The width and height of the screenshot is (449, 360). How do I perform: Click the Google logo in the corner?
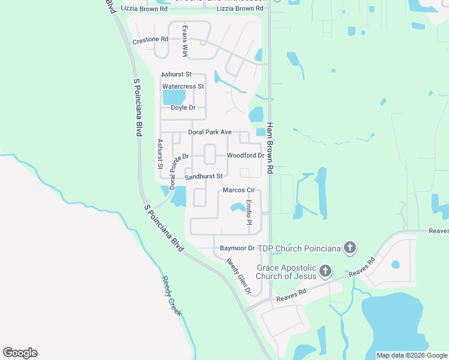(x=20, y=353)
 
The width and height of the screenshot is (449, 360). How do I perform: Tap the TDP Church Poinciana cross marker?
(x=351, y=248)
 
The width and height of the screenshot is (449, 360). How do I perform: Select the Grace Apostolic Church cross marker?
(x=325, y=272)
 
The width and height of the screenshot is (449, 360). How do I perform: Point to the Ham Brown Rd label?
(x=270, y=148)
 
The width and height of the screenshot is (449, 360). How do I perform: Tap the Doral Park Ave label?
(x=209, y=132)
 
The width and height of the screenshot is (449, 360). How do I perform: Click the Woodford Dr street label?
(x=246, y=155)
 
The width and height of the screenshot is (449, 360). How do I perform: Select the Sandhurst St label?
(x=203, y=176)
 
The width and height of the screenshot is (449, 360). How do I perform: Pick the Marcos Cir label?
(x=239, y=190)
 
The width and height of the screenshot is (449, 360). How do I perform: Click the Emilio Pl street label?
(x=249, y=212)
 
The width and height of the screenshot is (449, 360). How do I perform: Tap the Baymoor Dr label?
(x=237, y=248)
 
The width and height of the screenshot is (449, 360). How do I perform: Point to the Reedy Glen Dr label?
(x=238, y=276)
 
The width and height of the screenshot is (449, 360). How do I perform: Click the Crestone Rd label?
(x=150, y=40)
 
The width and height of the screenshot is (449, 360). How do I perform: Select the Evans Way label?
(x=185, y=41)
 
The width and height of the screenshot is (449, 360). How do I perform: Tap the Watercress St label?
(x=184, y=86)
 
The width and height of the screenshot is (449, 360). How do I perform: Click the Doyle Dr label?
(x=183, y=107)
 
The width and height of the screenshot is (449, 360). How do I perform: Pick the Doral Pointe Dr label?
(x=179, y=172)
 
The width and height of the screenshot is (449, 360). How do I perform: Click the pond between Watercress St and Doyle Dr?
(x=174, y=97)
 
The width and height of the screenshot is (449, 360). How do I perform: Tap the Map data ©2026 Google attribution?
(x=412, y=355)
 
